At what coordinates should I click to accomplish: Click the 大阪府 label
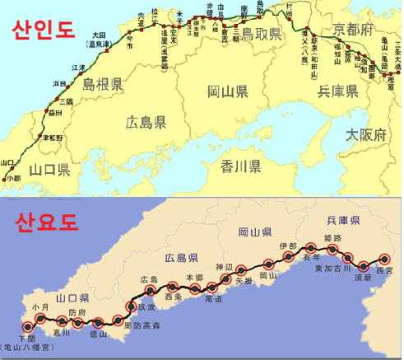coord(364,133)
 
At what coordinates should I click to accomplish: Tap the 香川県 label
coord(241,168)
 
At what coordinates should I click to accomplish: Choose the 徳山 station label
coord(98,334)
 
